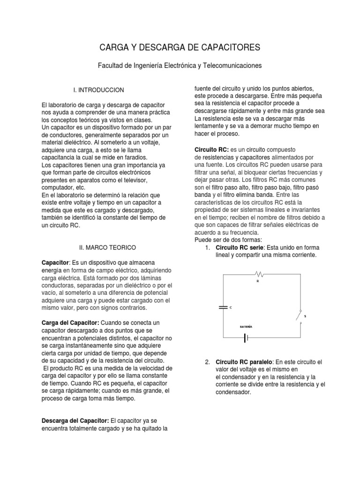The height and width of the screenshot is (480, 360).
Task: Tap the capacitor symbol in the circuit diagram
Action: (x=223, y=307)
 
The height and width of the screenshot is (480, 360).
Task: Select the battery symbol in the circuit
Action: (x=245, y=337)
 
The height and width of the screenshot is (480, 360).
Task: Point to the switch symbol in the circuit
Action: (x=299, y=315)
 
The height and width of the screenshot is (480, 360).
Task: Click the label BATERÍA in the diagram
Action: (x=246, y=326)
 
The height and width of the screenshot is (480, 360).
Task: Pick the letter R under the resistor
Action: (x=257, y=281)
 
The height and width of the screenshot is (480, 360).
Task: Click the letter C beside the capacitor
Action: (x=231, y=307)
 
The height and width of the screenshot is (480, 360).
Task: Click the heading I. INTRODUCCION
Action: (x=102, y=90)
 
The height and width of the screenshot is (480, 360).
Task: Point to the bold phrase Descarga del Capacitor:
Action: (x=75, y=420)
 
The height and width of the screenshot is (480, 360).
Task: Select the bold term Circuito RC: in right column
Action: (x=211, y=149)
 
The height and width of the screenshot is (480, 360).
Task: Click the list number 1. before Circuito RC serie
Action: (x=207, y=247)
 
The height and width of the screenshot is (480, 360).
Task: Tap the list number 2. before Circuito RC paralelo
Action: (x=207, y=362)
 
